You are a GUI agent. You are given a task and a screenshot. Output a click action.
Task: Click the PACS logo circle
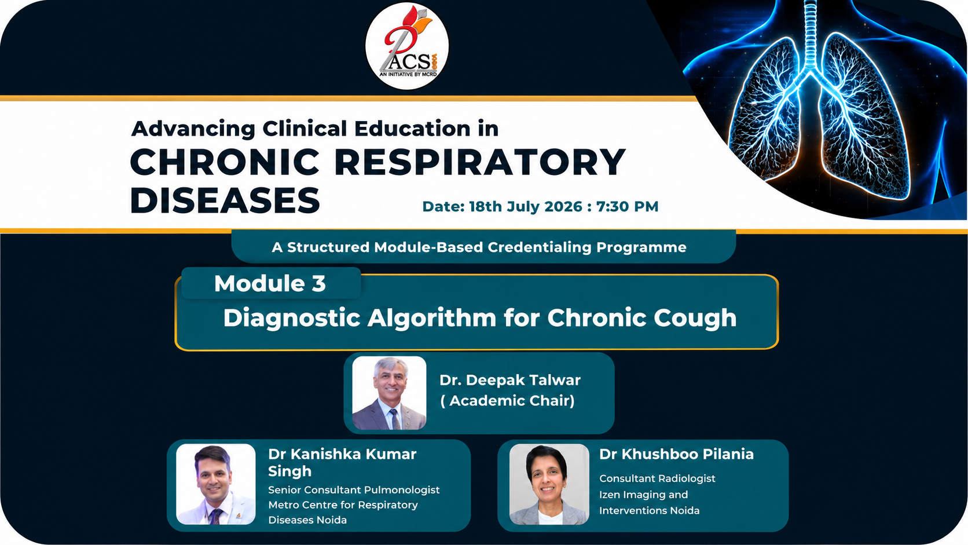[406, 46]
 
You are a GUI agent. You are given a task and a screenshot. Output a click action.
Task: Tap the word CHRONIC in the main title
[225, 162]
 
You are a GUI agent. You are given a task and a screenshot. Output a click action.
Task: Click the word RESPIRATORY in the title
[480, 162]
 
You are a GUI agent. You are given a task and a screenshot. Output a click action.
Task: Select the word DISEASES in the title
[225, 200]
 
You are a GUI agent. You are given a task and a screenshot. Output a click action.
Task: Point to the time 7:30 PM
[628, 207]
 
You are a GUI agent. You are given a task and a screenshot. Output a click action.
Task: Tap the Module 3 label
[270, 284]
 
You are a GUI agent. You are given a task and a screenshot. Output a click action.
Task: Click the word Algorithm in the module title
[432, 318]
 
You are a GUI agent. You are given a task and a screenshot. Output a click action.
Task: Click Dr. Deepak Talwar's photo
[389, 393]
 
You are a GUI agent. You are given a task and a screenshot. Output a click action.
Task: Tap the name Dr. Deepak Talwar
[510, 381]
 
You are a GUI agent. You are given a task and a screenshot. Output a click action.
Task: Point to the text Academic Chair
[507, 401]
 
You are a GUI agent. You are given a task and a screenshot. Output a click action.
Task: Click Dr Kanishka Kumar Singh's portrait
[215, 484]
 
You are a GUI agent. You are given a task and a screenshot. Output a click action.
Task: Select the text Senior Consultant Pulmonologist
[354, 489]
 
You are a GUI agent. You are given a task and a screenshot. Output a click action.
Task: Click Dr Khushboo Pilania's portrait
[549, 484]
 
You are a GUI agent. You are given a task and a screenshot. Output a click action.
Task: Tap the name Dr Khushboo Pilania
[676, 454]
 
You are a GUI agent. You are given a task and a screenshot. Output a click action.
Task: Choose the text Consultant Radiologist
[657, 478]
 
